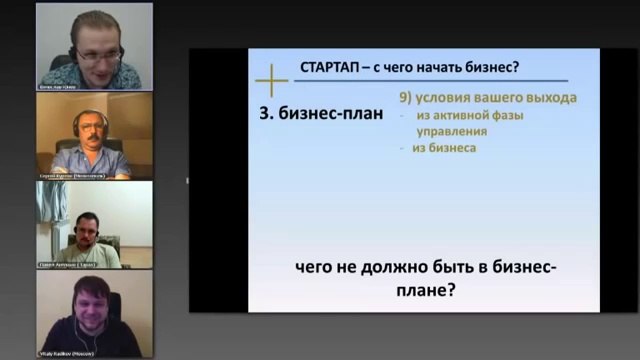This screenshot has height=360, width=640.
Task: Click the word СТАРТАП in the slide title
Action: click(331, 69)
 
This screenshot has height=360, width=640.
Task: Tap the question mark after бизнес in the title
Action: click(516, 69)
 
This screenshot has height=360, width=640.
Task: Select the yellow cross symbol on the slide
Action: click(271, 79)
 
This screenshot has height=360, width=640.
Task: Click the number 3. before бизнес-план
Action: click(267, 113)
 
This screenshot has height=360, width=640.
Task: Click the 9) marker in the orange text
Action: click(407, 99)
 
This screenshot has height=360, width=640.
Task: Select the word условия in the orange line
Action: click(449, 99)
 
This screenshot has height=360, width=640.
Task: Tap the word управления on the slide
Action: click(452, 131)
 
